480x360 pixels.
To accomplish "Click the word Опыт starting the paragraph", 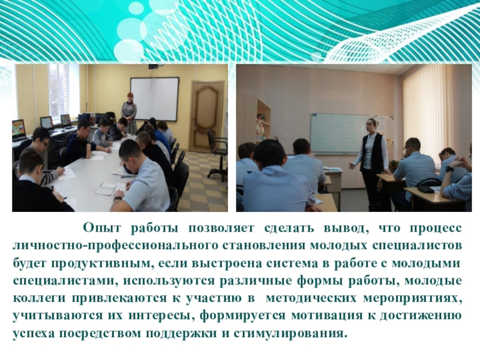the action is point(101,229).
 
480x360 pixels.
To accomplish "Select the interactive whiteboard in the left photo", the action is point(154,99).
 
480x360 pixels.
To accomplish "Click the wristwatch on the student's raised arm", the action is point(449,169).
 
